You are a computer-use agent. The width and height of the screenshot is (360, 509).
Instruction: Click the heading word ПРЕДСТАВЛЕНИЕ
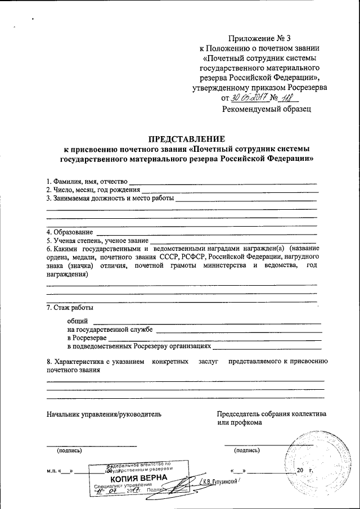click(186, 139)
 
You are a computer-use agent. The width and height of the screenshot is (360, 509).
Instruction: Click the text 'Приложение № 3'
click(255, 38)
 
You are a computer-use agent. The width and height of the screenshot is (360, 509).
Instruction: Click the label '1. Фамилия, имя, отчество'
click(87, 181)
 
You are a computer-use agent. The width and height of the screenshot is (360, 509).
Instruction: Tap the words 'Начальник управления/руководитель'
click(104, 414)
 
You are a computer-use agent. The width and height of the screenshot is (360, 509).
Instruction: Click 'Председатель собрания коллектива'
click(271, 414)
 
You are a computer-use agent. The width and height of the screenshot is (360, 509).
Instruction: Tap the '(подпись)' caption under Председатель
click(247, 450)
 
